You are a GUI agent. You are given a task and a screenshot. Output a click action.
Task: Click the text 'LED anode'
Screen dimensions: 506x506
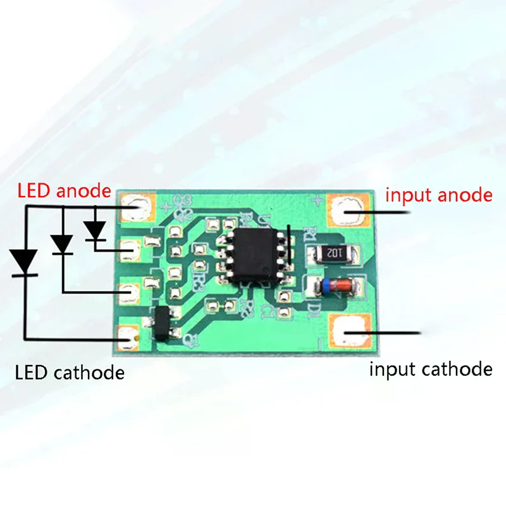[x=64, y=190]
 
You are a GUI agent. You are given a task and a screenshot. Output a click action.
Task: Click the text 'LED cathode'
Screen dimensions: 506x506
[x=70, y=372]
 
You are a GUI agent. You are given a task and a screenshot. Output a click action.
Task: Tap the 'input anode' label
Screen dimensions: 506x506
[x=438, y=195]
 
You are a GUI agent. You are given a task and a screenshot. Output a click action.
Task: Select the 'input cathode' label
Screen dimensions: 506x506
[x=430, y=368]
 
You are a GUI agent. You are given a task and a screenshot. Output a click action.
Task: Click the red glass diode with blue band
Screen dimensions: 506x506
[x=332, y=286]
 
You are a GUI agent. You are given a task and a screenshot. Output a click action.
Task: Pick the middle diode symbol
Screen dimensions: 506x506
[x=63, y=244]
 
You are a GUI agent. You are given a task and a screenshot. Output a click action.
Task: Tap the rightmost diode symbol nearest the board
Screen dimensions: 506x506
[x=96, y=230]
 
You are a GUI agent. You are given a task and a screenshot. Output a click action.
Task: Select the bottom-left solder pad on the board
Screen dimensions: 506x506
[x=129, y=335]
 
